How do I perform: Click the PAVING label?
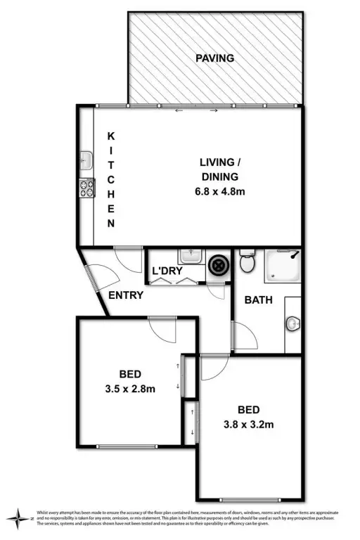(215, 58)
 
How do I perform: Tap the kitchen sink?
(86, 160)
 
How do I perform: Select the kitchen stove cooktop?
(86, 188)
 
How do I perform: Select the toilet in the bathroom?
(246, 263)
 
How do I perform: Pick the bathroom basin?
(293, 323)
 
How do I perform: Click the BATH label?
(258, 300)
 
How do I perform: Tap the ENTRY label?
(127, 295)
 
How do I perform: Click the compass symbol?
(17, 519)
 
